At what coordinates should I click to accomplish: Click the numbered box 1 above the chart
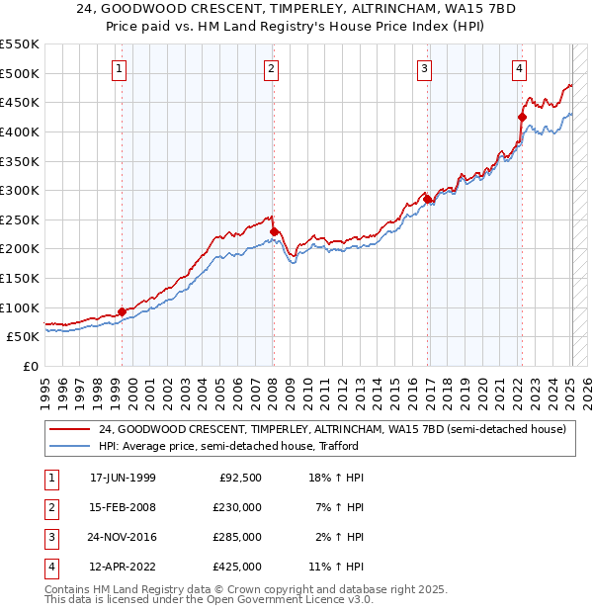click(x=119, y=68)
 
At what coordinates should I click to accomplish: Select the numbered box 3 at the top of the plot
click(x=424, y=68)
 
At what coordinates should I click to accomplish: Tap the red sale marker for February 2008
click(x=274, y=231)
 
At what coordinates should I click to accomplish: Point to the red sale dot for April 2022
click(x=522, y=117)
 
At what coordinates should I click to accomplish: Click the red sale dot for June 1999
click(x=123, y=311)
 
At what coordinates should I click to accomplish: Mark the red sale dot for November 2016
click(x=427, y=199)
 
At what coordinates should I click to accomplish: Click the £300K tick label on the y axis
click(x=20, y=190)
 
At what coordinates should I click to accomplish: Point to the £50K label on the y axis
click(x=24, y=336)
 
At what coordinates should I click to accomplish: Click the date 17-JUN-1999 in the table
click(x=123, y=478)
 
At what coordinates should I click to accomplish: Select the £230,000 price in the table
click(x=237, y=507)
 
